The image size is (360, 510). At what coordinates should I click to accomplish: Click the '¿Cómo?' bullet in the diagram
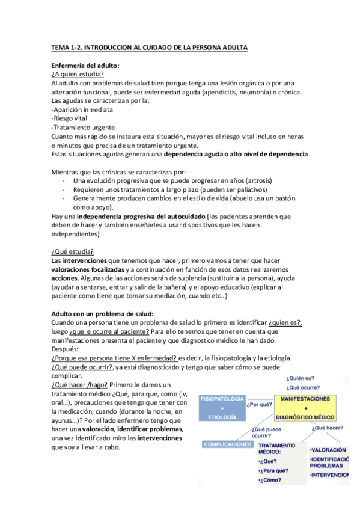tap(270, 481)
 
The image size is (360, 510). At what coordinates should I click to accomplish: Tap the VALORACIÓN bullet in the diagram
tap(328, 449)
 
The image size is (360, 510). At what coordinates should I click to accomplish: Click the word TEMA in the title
tap(60, 46)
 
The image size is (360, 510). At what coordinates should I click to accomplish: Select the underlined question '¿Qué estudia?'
tap(73, 251)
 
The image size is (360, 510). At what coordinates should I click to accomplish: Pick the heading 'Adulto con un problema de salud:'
tap(102, 314)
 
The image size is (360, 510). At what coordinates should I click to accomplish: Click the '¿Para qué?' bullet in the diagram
tap(274, 470)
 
